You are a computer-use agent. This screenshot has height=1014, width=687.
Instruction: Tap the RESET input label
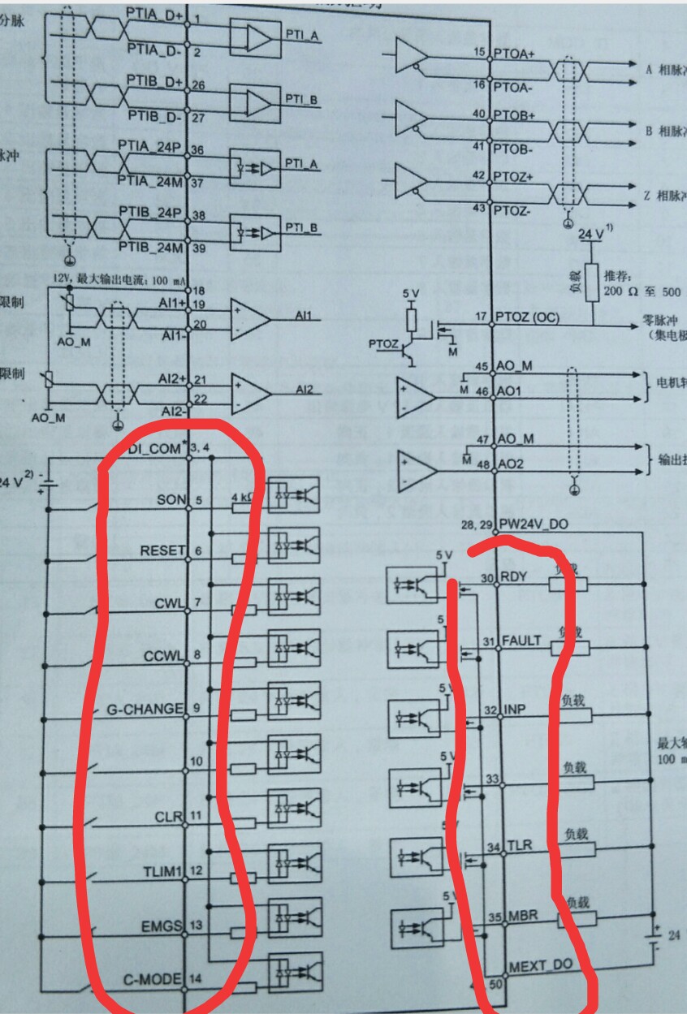[162, 550]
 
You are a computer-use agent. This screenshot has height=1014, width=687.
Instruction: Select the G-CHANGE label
[145, 709]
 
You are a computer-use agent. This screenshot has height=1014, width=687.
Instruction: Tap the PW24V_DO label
[536, 524]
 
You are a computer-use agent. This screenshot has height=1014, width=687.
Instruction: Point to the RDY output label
[514, 578]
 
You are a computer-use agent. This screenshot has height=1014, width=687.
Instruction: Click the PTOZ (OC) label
[525, 317]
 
